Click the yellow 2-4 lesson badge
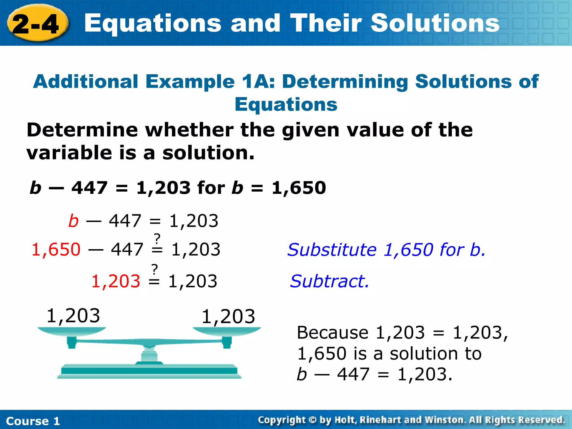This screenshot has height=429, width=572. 36,24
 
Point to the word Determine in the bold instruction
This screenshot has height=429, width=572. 82,130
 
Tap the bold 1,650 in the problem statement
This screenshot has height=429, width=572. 299,188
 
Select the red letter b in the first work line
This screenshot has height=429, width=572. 73,221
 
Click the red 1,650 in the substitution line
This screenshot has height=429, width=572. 56,249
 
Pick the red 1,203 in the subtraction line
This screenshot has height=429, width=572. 116,281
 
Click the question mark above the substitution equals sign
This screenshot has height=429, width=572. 157,239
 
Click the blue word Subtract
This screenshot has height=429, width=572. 329,281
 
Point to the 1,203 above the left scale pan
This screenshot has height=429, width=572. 73,316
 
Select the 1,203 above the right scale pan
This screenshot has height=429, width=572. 228,317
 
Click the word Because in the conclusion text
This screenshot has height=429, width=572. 332,333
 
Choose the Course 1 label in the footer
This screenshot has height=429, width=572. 33,421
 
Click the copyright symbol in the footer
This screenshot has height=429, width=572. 313,420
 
